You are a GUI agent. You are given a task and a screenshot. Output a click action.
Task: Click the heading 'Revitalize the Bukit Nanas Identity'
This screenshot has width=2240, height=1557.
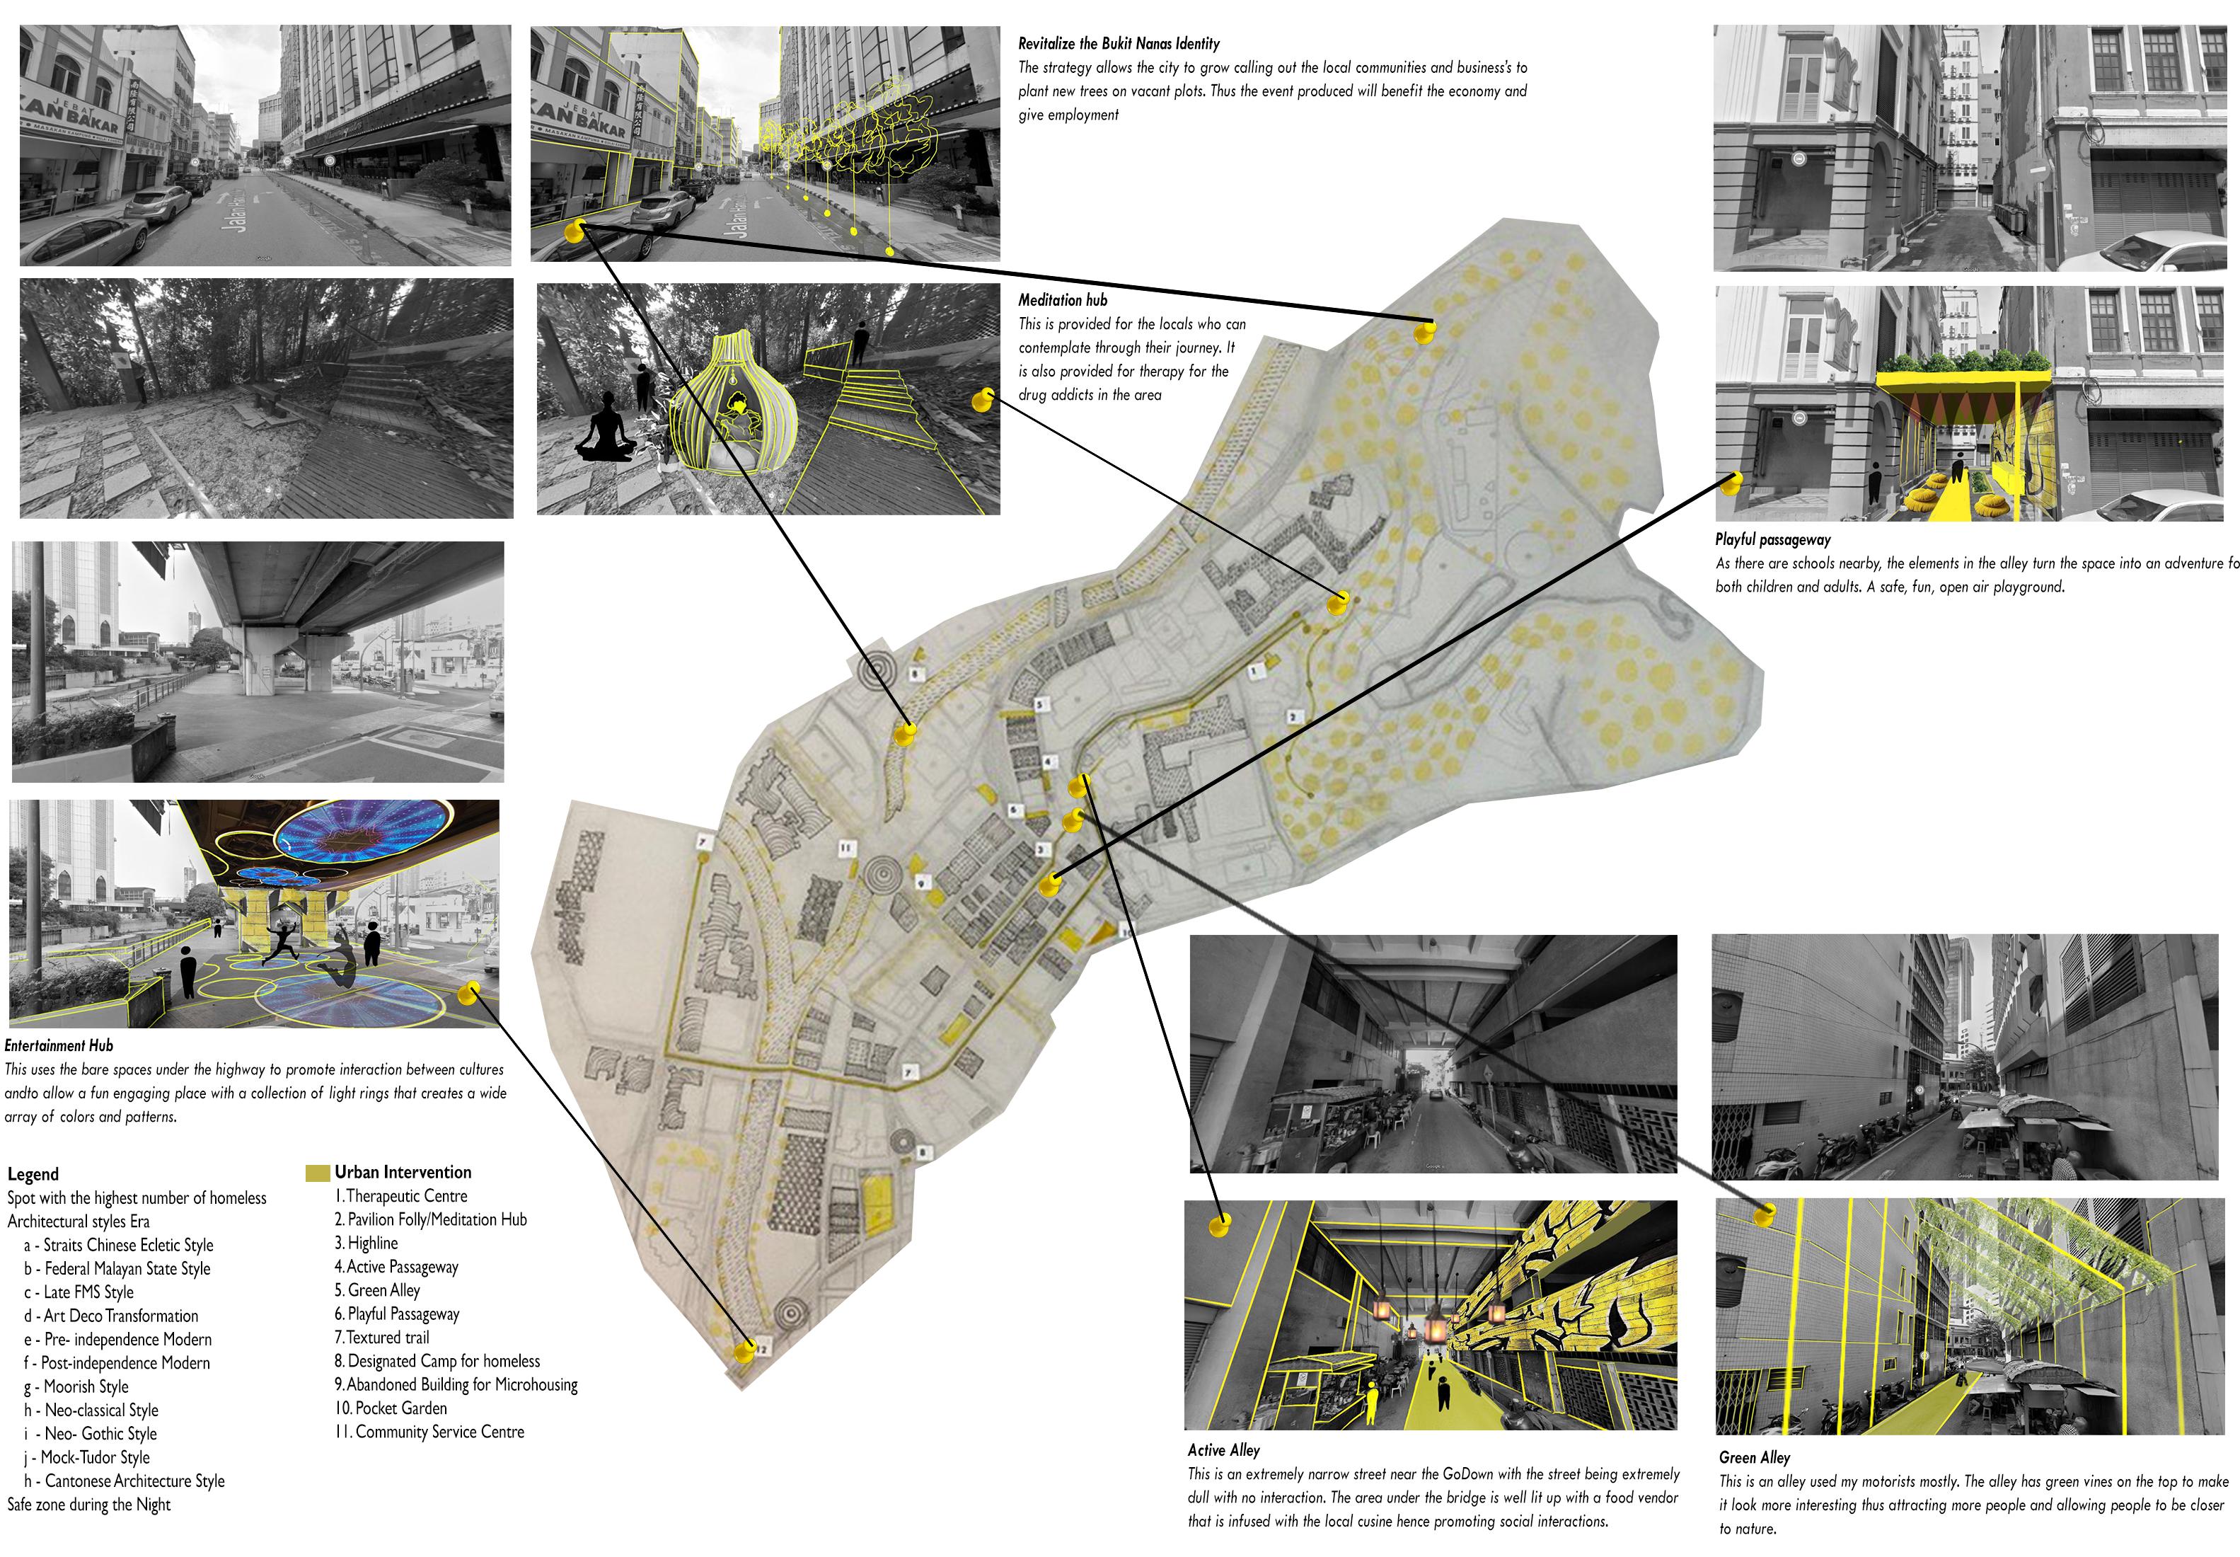[1119, 44]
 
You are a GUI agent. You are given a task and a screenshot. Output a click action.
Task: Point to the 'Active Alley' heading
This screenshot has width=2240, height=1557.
[1223, 1451]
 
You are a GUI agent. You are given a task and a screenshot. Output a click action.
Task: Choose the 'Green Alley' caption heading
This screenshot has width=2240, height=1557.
[1755, 1457]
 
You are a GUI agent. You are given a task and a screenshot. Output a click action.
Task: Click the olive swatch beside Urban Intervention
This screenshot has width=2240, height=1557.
[317, 1173]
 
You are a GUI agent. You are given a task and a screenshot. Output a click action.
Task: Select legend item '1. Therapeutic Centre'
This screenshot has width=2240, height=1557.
[400, 1196]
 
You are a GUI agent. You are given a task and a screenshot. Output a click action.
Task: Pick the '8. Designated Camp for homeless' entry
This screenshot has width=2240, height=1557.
[437, 1361]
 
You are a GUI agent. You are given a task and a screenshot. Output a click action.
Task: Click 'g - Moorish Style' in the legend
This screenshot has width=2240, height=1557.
[76, 1386]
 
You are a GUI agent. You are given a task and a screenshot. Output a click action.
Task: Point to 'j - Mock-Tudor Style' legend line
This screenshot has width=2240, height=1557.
[87, 1457]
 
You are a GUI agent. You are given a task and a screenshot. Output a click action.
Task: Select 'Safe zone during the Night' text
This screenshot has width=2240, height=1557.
[88, 1505]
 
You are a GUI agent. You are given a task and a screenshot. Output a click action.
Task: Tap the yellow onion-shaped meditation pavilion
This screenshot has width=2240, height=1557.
[732, 405]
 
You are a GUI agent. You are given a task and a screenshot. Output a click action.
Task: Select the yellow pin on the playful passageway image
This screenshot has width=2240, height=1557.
[1733, 483]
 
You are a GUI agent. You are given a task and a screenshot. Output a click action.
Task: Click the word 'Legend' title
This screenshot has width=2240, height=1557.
[33, 1175]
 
